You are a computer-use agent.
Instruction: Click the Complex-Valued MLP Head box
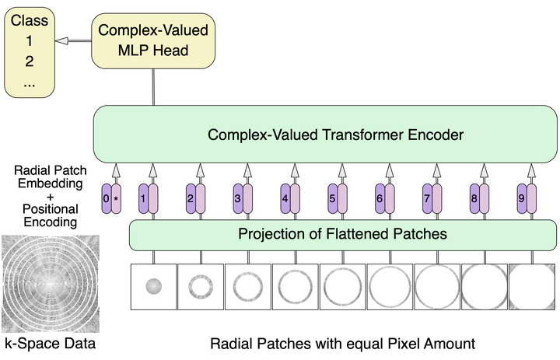(x=152, y=40)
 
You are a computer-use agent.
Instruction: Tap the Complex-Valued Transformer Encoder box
(x=324, y=135)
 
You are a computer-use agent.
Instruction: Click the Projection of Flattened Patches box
(x=342, y=233)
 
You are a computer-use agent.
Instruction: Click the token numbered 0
(x=107, y=199)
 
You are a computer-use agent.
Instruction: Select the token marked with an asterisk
(x=117, y=199)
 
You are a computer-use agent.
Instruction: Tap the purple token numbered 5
(x=333, y=199)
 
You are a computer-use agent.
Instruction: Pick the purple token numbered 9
(x=522, y=199)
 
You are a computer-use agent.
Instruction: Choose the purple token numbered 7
(x=427, y=199)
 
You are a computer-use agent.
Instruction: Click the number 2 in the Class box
(x=30, y=61)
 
